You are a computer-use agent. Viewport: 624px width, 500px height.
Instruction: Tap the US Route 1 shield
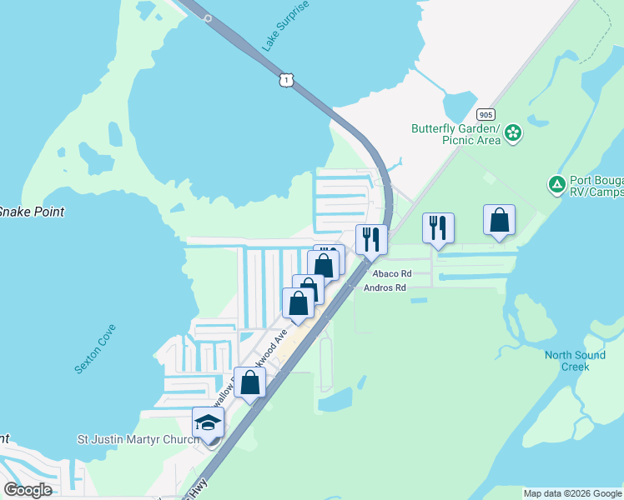click(x=286, y=79)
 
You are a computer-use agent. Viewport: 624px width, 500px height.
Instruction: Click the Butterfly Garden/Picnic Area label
click(x=455, y=134)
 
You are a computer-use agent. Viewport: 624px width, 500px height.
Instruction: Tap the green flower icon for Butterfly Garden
click(x=513, y=132)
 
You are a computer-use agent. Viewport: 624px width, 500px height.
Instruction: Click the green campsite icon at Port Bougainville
click(x=556, y=183)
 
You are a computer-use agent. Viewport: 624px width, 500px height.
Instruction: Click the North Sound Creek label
click(x=575, y=361)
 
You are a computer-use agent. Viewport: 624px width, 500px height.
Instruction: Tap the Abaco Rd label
click(x=392, y=273)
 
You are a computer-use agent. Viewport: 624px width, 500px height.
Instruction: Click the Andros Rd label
click(x=385, y=287)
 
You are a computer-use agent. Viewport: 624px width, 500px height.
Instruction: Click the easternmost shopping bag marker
click(x=499, y=221)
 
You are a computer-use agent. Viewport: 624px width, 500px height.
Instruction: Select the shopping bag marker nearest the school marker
click(x=249, y=382)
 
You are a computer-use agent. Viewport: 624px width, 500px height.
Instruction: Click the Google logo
click(x=28, y=490)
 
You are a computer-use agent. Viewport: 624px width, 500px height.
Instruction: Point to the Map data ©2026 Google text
click(x=572, y=493)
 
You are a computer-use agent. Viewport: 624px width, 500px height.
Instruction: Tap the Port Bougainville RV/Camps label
click(x=596, y=186)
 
